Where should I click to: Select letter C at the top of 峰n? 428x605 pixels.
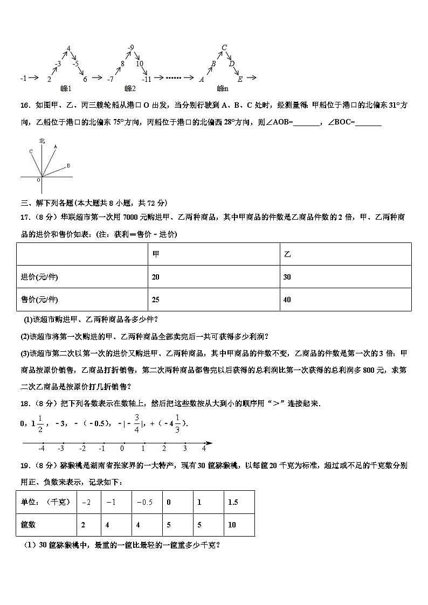click(224, 47)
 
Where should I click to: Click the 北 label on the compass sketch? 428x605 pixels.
click(42, 141)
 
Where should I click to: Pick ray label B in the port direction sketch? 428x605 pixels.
click(68, 165)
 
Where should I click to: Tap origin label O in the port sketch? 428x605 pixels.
click(39, 180)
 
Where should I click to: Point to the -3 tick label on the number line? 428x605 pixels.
click(61, 448)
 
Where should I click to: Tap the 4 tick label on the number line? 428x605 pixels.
click(204, 448)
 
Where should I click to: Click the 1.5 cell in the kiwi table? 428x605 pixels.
click(233, 502)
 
